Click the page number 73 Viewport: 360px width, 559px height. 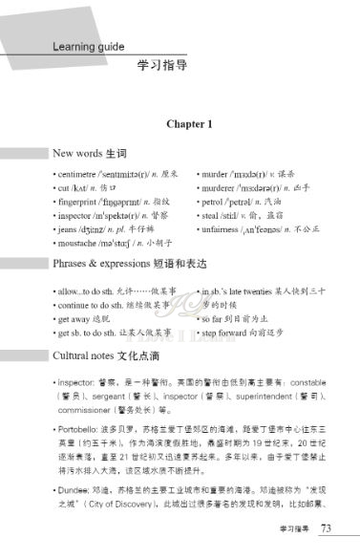tap(326, 527)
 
